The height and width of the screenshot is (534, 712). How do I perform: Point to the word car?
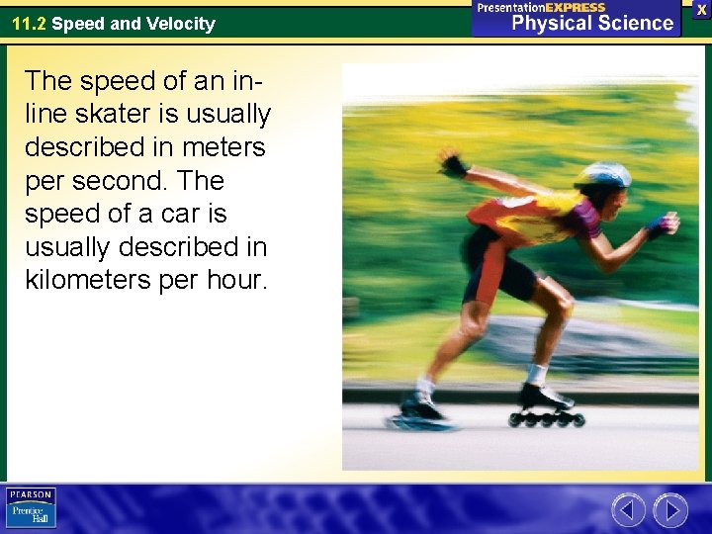pyautogui.click(x=184, y=214)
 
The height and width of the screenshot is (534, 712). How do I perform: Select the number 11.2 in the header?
pyautogui.click(x=29, y=24)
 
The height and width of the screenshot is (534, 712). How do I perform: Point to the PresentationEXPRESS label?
pyautogui.click(x=540, y=7)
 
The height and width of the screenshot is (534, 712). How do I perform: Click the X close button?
pyautogui.click(x=701, y=8)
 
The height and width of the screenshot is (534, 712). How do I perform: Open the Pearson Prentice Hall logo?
pyautogui.click(x=31, y=507)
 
